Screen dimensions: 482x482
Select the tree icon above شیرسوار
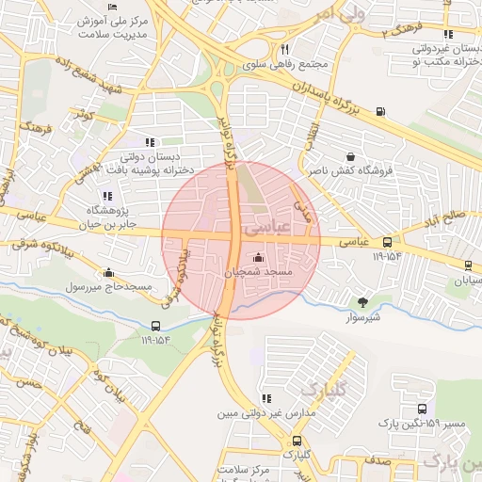pyautogui.click(x=361, y=302)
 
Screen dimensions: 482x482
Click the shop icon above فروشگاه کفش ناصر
pyautogui.click(x=351, y=157)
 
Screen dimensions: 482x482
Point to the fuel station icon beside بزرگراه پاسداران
pyautogui.click(x=380, y=111)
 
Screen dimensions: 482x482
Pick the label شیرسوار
pyautogui.click(x=361, y=317)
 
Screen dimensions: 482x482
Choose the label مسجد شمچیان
pyautogui.click(x=259, y=272)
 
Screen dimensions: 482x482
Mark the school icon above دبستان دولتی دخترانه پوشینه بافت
pyautogui.click(x=150, y=142)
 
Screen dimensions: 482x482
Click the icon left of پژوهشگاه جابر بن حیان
pyautogui.click(x=106, y=197)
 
